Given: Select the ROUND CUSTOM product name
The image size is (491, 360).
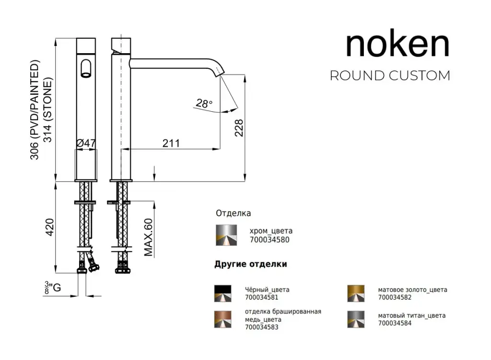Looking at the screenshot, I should tap(390, 76).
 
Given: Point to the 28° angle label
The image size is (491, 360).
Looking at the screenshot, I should tap(204, 103).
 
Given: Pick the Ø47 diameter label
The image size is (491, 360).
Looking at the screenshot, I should tap(86, 143).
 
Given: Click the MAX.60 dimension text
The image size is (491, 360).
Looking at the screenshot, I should tap(149, 237).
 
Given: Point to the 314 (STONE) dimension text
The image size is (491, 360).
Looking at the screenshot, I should tap(48, 110).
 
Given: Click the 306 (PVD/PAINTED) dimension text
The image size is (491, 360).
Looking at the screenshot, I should tap(35, 110).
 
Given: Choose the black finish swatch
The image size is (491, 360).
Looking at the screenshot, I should tap(222, 293).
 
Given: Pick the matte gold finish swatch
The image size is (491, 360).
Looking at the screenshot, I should tap(356, 293).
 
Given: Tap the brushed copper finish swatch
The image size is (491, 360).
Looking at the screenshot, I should tap(222, 319).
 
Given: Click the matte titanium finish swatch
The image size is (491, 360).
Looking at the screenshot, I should tap(356, 319).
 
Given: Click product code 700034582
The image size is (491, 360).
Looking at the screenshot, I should tap(395, 297).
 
